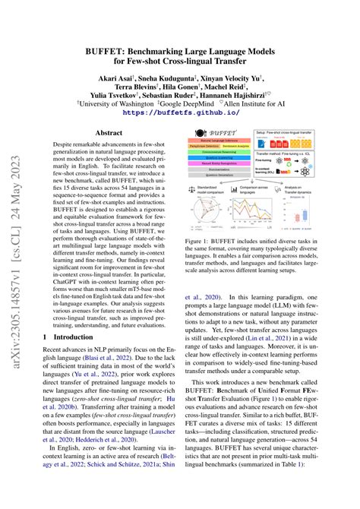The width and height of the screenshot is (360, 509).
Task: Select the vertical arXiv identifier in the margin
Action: coord(15,255)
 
